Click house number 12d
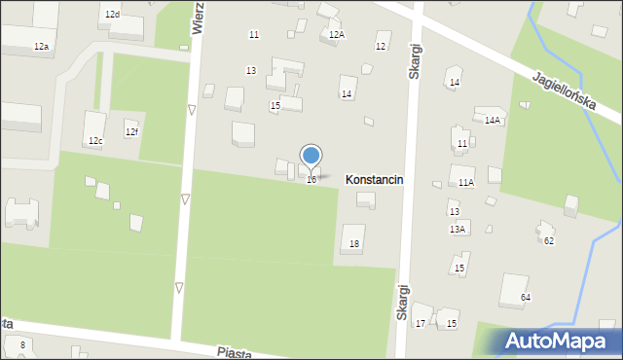(x=113, y=15)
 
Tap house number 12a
(x=41, y=47)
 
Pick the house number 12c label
(x=95, y=141)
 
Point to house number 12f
(x=131, y=131)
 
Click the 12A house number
(x=337, y=34)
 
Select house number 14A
(x=493, y=121)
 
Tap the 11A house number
(x=466, y=182)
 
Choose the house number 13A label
(x=458, y=229)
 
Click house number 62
(x=549, y=240)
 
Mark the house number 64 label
(x=526, y=297)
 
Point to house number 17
(x=421, y=323)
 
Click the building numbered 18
(x=354, y=243)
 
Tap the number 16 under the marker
(x=311, y=180)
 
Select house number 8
(x=22, y=345)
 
